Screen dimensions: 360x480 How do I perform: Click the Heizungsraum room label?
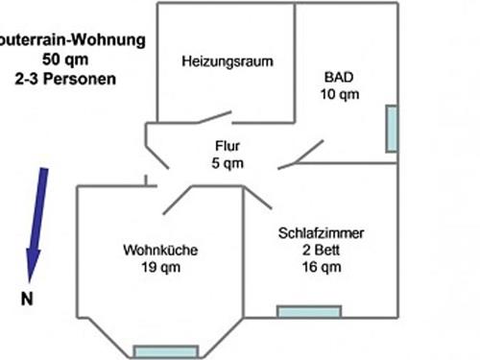(x=227, y=61)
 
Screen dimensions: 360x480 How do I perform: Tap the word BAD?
(x=339, y=77)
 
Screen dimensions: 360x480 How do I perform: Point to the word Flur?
(x=228, y=147)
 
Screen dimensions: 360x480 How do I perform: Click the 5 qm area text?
(x=228, y=163)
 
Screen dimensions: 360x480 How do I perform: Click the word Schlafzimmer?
(x=322, y=233)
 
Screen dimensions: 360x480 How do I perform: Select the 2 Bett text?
(x=322, y=250)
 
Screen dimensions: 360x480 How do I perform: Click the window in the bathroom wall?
(x=392, y=129)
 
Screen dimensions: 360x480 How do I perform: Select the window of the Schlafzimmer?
(x=308, y=311)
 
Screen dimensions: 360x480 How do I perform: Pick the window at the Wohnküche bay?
(x=164, y=350)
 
